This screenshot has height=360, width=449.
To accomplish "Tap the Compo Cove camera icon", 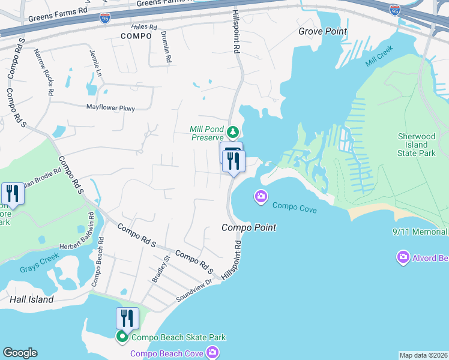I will [x=261, y=196].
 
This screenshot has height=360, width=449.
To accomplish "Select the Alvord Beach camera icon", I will [x=403, y=258].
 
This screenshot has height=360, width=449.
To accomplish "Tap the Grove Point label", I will [x=324, y=31].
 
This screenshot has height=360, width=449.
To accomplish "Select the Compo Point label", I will [x=249, y=227].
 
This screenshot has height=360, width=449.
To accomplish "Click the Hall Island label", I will [x=32, y=299].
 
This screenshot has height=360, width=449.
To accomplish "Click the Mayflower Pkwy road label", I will [x=111, y=108].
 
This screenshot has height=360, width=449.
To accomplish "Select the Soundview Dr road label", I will [x=194, y=290].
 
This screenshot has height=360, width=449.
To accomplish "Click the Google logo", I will [x=20, y=353].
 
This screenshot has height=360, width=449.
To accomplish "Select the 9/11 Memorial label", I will [x=420, y=232].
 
